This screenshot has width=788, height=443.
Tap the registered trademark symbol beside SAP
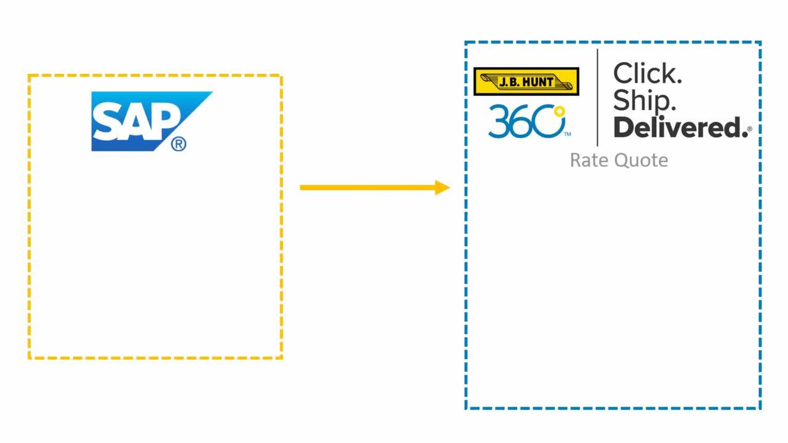click(x=179, y=144)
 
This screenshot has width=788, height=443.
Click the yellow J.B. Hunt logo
click(x=526, y=82)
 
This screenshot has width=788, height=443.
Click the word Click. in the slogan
click(x=647, y=73)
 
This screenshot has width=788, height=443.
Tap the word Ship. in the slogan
click(x=645, y=100)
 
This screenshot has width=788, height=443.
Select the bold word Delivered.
click(x=681, y=127)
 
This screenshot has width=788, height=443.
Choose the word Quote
click(x=641, y=161)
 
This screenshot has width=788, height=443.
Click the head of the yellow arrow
click(x=443, y=188)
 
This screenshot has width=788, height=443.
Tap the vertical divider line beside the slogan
click(x=597, y=97)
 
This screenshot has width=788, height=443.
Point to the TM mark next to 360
click(x=568, y=134)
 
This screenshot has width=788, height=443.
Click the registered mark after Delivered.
click(x=750, y=129)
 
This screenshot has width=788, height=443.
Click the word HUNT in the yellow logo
click(x=538, y=82)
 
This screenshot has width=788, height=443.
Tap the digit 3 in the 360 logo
click(x=499, y=121)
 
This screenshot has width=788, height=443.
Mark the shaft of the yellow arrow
click(x=368, y=188)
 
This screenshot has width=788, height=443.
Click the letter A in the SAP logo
click(x=137, y=121)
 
